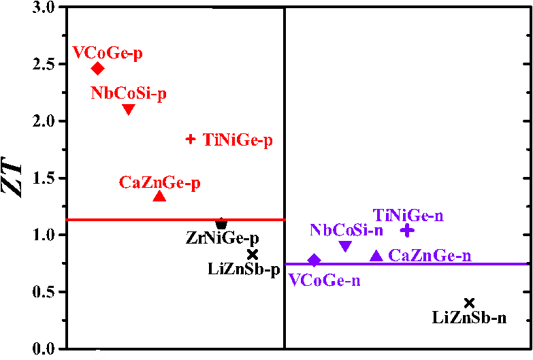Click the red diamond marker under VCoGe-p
click(98, 68)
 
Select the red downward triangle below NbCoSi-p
click(128, 110)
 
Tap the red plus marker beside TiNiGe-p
click(191, 140)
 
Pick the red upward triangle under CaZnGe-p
click(159, 196)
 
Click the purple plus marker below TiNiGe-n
click(406, 231)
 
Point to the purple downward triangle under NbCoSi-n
click(345, 246)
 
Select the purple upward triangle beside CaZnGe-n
click(376, 255)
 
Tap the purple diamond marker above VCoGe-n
click(314, 260)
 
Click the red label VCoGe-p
click(108, 53)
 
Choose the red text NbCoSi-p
click(129, 94)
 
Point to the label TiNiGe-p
click(238, 140)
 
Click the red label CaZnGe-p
click(159, 182)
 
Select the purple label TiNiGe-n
click(408, 216)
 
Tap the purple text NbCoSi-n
click(346, 230)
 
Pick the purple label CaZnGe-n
click(430, 256)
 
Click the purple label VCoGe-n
click(324, 280)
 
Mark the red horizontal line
click(175, 220)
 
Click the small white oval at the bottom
click(98, 355)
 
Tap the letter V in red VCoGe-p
click(78, 53)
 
